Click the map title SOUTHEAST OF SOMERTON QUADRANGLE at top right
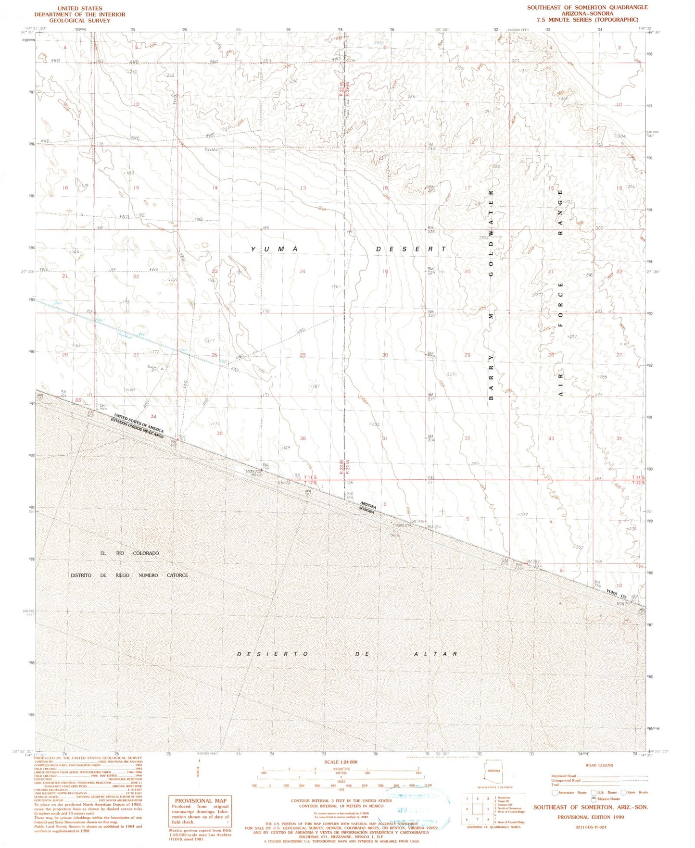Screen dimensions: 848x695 [587, 8]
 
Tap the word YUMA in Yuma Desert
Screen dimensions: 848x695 [274, 249]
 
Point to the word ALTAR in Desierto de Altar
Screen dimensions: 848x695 [435, 654]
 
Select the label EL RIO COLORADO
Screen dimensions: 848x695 [129, 553]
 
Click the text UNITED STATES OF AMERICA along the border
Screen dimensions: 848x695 [139, 424]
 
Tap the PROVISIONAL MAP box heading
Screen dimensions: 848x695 [201, 800]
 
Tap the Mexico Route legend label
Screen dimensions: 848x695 [608, 798]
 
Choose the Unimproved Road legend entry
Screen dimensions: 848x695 [565, 780]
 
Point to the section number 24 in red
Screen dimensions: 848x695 [303, 272]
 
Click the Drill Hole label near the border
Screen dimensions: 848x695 [102, 407]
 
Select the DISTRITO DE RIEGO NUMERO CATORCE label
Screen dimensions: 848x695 [129, 575]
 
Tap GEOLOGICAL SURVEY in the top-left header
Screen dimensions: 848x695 [79, 21]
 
